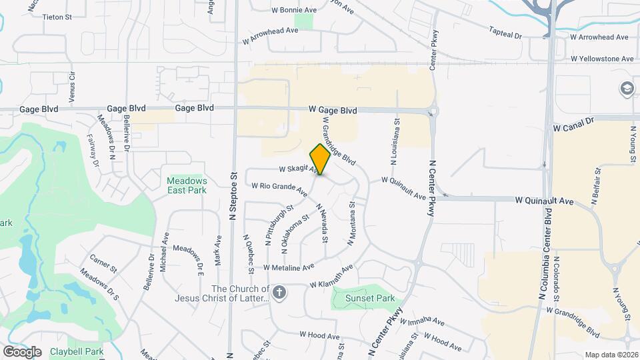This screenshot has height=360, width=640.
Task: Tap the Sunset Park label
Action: [369, 299]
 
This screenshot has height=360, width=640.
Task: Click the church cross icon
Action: [279, 291]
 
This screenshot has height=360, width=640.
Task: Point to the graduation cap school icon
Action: [627, 88]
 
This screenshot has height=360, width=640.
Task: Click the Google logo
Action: [22, 351]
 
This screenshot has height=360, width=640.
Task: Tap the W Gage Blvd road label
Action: [332, 110]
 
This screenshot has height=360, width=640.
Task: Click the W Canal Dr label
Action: [573, 124]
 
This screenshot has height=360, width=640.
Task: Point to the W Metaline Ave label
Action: [289, 267]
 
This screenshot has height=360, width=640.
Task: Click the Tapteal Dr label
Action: [505, 32]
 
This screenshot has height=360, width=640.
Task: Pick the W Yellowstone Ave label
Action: [602, 59]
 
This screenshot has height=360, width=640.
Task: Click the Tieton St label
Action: [57, 17]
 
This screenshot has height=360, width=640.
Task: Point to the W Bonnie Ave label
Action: [294, 11]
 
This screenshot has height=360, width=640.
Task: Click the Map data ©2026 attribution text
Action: [611, 355]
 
